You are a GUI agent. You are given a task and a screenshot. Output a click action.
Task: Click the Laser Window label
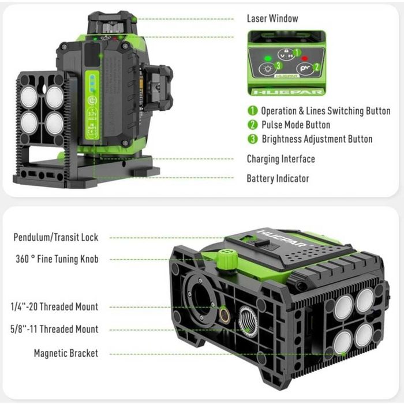pos(272,18)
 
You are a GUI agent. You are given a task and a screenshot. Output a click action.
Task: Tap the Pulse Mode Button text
pos(295,125)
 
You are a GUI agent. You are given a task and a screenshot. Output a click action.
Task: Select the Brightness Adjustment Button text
pos(317,139)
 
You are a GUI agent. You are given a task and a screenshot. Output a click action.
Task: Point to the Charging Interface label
pos(280,159)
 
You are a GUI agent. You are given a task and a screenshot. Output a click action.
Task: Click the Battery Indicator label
pos(278,178)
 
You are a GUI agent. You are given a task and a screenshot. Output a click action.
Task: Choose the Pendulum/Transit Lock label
pos(57,237)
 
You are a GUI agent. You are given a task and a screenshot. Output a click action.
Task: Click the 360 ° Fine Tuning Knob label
pos(57,259)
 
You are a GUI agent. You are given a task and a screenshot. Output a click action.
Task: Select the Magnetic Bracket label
pos(66,353)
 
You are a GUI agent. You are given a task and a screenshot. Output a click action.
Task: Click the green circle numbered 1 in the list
pos(252,111)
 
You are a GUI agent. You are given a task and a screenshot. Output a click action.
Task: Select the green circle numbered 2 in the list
pos(252,125)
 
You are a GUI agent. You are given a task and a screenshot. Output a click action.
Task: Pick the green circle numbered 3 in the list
pos(252,139)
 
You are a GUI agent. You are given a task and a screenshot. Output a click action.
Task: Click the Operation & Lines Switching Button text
pos(326,111)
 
